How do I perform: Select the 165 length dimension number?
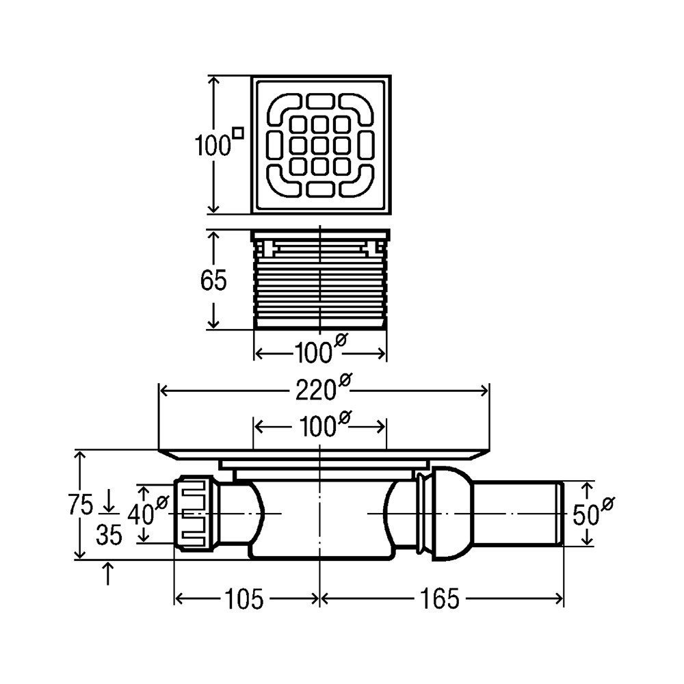pyautogui.click(x=440, y=598)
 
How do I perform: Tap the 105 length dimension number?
pyautogui.click(x=244, y=598)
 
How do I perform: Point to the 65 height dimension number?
pyautogui.click(x=213, y=280)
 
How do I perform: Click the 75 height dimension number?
pyautogui.click(x=81, y=505)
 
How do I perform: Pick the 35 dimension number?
pyautogui.click(x=109, y=535)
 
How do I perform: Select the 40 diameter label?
pyautogui.click(x=148, y=511)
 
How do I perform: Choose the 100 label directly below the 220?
pyautogui.click(x=324, y=425)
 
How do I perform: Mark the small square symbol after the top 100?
pyautogui.click(x=238, y=132)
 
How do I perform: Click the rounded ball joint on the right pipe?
pyautogui.click(x=452, y=514)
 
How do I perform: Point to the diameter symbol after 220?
pyautogui.click(x=345, y=381)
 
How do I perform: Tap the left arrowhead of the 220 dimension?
pyautogui.click(x=164, y=391)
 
